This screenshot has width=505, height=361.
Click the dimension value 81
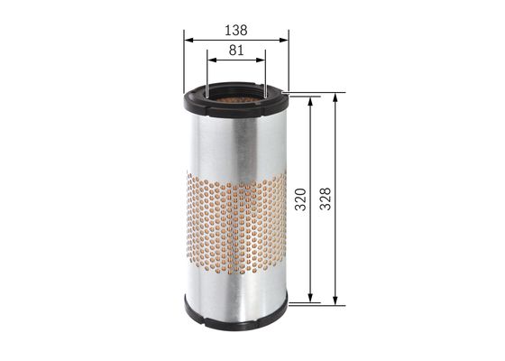pyautogui.click(x=236, y=51)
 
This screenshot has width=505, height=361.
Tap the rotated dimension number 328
pyautogui.click(x=325, y=199)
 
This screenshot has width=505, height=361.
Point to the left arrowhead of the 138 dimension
pyautogui.click(x=188, y=38)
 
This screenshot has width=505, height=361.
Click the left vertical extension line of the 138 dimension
pyautogui.click(x=184, y=63)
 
